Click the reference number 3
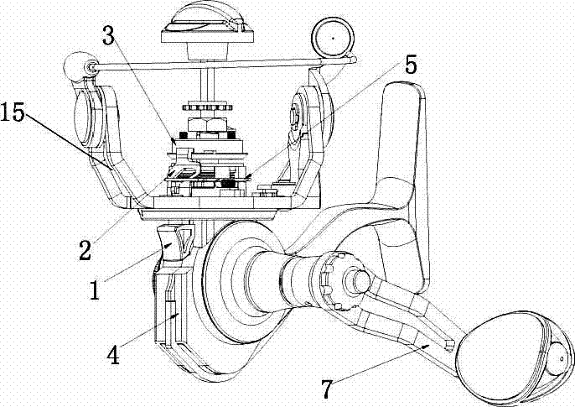click(x=108, y=35)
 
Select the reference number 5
click(x=411, y=65)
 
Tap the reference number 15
click(x=13, y=112)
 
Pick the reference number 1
click(x=95, y=290)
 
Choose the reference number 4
click(x=114, y=355)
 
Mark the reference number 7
click(x=328, y=389)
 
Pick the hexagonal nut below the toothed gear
click(x=207, y=124)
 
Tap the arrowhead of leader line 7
click(x=427, y=346)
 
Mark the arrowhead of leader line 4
click(x=177, y=315)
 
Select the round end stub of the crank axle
click(x=361, y=281)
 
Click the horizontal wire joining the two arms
click(x=220, y=65)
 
